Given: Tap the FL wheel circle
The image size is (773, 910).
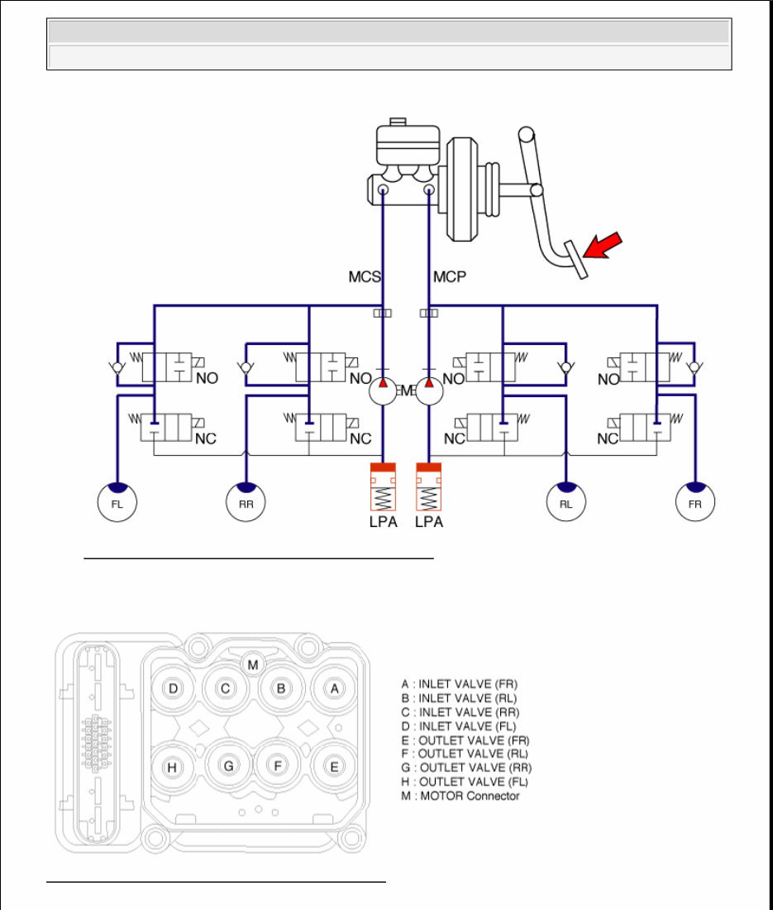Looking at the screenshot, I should pos(117,501).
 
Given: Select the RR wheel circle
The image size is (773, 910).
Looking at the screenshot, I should pos(246,501).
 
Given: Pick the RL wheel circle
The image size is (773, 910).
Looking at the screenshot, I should pos(566,501).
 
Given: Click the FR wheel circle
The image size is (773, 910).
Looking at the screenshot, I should pos(695,501).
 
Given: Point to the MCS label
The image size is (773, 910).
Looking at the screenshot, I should pos(364,277).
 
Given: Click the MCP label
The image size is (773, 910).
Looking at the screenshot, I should pos(450,277).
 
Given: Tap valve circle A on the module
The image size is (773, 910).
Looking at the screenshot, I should pos(334,688).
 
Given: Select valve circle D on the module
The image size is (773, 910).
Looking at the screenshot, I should pos(174,688).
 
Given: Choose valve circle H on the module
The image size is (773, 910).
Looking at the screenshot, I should pos(172,767).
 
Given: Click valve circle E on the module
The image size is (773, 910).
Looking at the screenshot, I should pos(334,767).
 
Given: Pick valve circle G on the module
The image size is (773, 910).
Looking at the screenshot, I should pos(229,766).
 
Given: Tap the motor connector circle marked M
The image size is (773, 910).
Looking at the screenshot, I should pos(254,663).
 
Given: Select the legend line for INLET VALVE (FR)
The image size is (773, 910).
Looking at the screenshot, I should pos(460,684).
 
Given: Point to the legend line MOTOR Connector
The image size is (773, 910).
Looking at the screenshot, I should pos(460,796).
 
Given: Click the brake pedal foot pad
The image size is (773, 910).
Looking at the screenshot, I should pos(576,259).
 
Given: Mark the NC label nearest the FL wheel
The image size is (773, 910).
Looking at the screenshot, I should pos(205,439).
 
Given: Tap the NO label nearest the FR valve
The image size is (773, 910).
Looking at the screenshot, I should pos(608,380).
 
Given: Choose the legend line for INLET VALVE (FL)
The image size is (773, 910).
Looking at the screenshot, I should pos(459,726).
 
